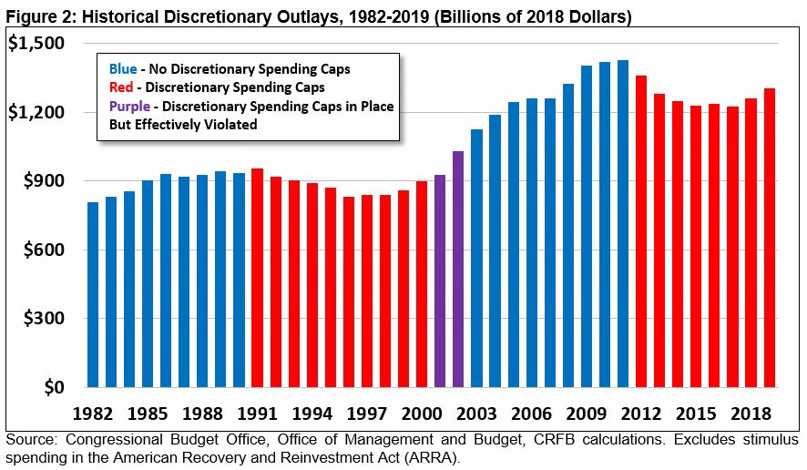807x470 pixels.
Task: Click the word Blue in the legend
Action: click(123, 68)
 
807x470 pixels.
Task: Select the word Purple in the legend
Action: click(130, 107)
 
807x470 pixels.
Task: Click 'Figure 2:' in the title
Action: click(36, 16)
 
